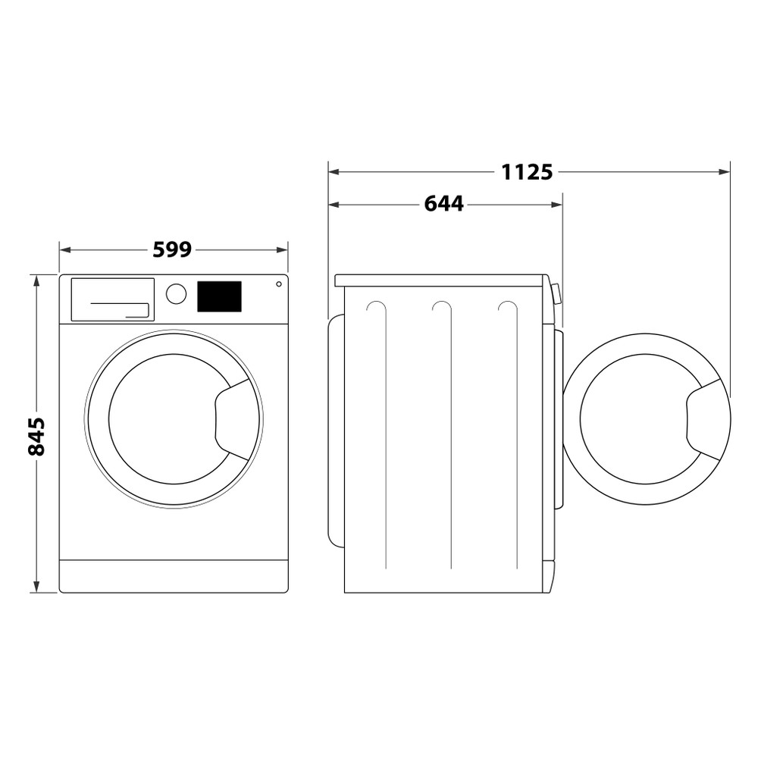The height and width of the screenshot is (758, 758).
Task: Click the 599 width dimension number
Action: (172, 249)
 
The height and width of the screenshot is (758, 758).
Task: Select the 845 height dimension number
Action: (36, 436)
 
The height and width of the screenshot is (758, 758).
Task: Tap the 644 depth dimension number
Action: (443, 204)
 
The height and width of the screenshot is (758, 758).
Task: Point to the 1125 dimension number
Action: (527, 172)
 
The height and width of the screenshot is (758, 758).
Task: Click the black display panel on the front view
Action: (219, 296)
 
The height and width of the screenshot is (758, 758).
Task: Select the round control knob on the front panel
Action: (176, 294)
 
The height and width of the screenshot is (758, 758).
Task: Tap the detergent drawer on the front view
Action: (112, 299)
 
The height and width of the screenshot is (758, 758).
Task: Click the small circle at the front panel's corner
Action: (279, 284)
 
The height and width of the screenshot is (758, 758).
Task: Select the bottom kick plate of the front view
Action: (174, 576)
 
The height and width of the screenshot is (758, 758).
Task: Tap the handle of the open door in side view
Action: (705, 419)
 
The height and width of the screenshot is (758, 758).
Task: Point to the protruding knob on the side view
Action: (556, 293)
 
